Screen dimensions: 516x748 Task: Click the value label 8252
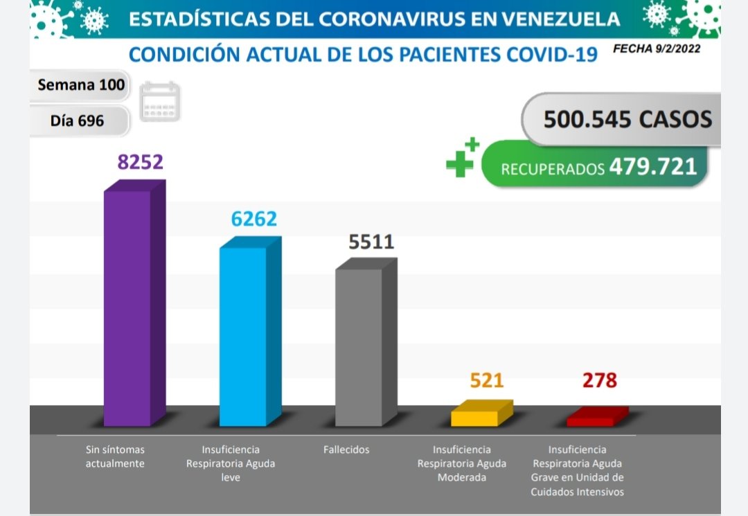pyautogui.click(x=140, y=161)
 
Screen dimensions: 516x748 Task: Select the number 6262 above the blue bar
pyautogui.click(x=253, y=218)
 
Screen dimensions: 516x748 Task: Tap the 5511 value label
pyautogui.click(x=371, y=242)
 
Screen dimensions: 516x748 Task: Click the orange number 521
pyautogui.click(x=487, y=380)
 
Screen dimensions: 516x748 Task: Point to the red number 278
pyautogui.click(x=600, y=380)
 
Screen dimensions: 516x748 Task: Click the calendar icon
pyautogui.click(x=159, y=102)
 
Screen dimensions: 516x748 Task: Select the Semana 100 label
pyautogui.click(x=81, y=85)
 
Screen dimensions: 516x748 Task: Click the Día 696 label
pyautogui.click(x=77, y=121)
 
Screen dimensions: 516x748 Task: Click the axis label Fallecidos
pyautogui.click(x=346, y=450)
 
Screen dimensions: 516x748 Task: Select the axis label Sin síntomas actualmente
pyautogui.click(x=115, y=456)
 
